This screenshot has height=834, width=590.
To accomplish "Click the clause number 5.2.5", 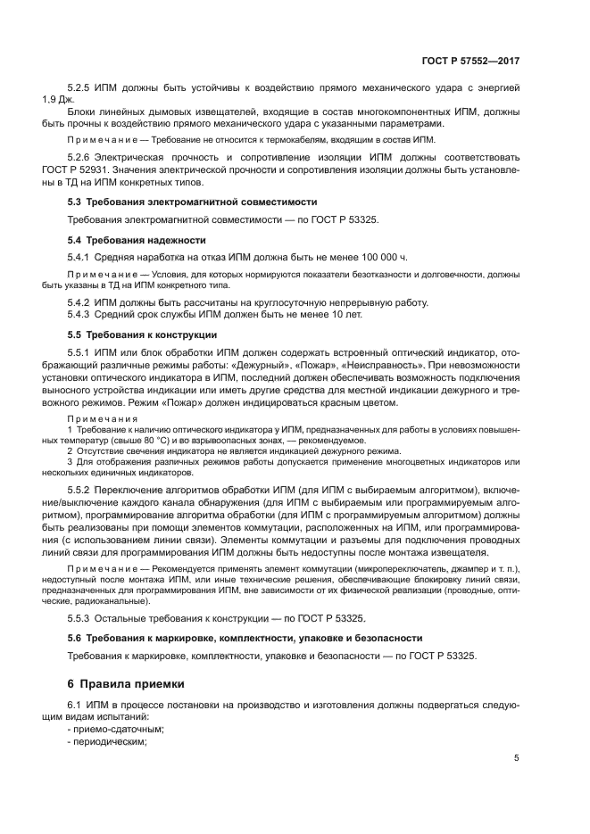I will (x=82, y=87).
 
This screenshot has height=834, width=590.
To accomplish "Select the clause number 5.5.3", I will (x=82, y=618).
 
